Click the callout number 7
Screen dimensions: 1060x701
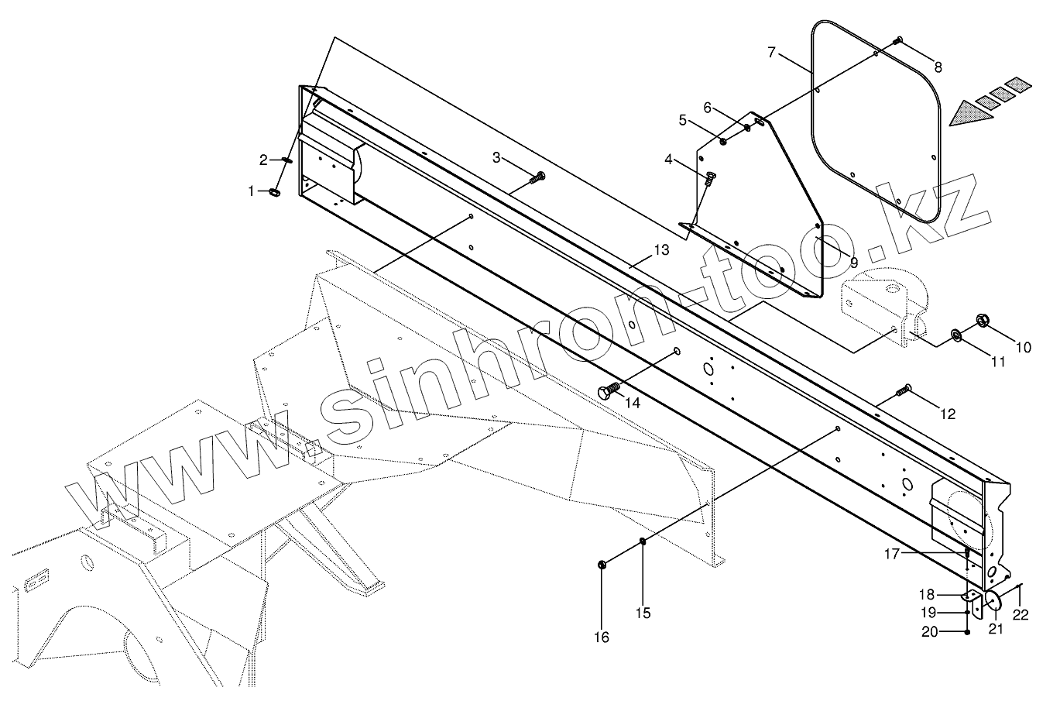[772, 53]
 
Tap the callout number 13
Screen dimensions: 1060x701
[660, 250]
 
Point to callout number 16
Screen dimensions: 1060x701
[602, 637]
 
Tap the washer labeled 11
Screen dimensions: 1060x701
[956, 335]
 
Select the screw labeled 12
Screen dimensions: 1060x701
[904, 390]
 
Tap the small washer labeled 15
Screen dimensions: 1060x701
[643, 541]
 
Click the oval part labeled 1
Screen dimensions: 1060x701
[276, 192]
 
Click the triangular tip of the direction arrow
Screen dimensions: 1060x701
[954, 117]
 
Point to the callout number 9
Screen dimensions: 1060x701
[853, 262]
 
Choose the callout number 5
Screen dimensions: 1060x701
[682, 120]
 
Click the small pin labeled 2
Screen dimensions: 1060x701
[286, 161]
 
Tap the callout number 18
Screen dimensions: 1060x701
[927, 594]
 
